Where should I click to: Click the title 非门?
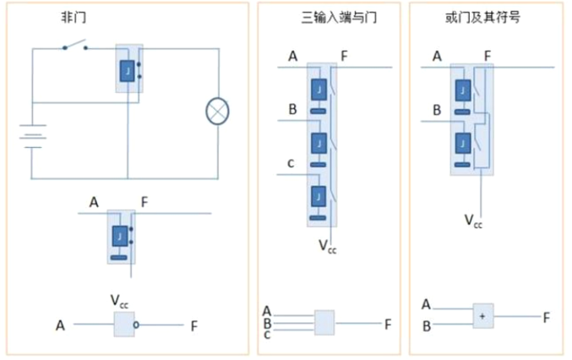[74, 17]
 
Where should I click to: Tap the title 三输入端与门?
[339, 17]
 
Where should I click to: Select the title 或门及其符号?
[482, 17]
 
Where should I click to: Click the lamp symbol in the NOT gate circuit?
[217, 112]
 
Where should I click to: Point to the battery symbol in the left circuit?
[33, 136]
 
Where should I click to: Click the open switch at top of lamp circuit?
[75, 45]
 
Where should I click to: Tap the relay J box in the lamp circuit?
[127, 71]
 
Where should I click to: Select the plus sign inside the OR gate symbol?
[482, 316]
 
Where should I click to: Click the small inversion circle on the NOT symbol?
[136, 325]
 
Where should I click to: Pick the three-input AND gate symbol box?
[324, 323]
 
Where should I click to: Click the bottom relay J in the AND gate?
[319, 197]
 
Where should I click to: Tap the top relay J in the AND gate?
[319, 90]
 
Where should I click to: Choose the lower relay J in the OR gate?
[462, 143]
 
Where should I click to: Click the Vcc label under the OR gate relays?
[473, 221]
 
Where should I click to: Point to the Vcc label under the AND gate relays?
[327, 247]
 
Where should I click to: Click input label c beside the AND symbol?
[267, 335]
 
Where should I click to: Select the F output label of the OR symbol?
[546, 318]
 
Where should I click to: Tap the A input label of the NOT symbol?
[60, 325]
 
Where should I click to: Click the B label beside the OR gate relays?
[437, 110]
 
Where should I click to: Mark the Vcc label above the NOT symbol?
[119, 302]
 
